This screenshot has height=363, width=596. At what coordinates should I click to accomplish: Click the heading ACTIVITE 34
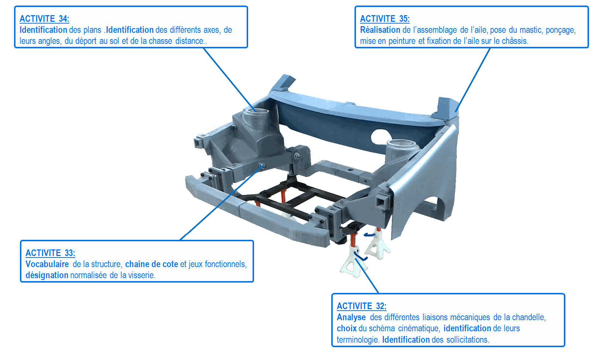[x=44, y=19]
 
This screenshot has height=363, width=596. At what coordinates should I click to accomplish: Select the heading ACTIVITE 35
[x=385, y=19]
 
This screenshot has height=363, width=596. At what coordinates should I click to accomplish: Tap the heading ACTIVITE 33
[x=50, y=253]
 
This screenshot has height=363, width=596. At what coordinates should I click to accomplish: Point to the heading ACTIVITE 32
[x=362, y=306]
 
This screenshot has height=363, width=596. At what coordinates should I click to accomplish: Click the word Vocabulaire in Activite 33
[x=47, y=264]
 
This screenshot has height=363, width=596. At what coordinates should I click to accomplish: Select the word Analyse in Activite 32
[x=351, y=317]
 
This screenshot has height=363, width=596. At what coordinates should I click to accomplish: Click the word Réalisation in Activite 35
[x=380, y=30]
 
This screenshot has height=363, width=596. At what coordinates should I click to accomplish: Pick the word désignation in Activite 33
[x=47, y=275]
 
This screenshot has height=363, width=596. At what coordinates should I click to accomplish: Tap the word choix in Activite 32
[x=346, y=328]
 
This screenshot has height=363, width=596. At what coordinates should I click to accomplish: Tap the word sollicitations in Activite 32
[x=467, y=340]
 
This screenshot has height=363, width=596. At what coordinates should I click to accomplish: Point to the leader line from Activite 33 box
[x=222, y=203]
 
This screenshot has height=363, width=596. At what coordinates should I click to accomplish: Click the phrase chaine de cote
[x=151, y=264]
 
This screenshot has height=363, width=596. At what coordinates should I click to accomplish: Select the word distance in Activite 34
[x=189, y=41]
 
